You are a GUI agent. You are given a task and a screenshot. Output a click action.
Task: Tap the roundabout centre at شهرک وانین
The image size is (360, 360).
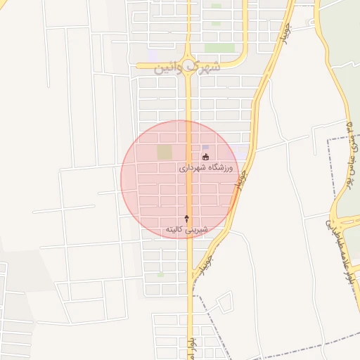(188, 58)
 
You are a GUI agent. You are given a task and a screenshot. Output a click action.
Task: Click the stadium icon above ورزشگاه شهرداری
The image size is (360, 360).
(205, 157)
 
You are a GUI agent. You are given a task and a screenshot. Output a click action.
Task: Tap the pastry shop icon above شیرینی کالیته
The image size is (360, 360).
(186, 219)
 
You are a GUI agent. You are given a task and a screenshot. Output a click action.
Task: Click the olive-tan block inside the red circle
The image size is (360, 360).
(164, 152)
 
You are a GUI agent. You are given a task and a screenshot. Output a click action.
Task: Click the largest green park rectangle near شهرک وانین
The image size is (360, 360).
(219, 48)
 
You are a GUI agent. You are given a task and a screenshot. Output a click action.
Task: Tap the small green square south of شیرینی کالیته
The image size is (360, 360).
(160, 275)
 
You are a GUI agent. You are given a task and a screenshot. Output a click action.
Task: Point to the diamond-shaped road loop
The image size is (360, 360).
(224, 303)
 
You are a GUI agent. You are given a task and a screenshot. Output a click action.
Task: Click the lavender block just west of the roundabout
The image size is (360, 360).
(153, 55)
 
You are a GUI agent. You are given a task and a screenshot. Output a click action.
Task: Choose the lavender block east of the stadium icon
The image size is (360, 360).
(242, 150)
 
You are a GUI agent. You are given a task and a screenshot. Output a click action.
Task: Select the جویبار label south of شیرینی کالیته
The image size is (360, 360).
(203, 266)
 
